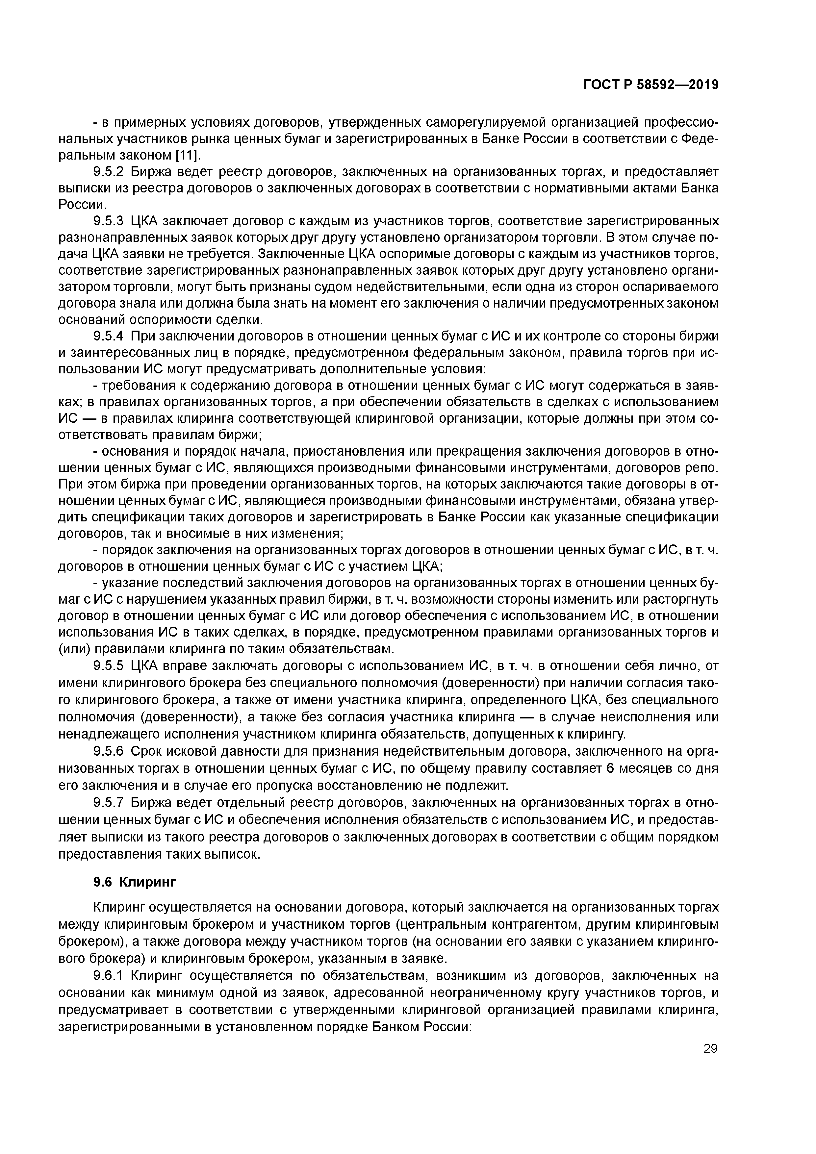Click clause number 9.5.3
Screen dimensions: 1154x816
(108, 221)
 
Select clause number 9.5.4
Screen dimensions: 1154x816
(108, 336)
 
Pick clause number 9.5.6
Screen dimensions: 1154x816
(108, 751)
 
